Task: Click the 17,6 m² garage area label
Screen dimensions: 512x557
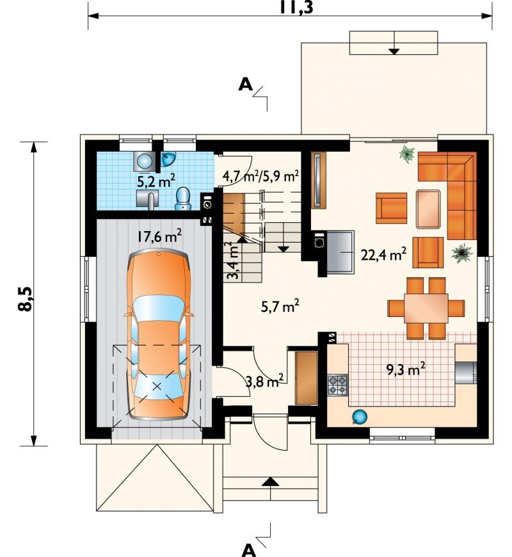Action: pyautogui.click(x=160, y=236)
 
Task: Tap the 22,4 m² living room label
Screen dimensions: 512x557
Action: pyautogui.click(x=384, y=254)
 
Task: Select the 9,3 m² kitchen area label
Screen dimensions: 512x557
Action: pyautogui.click(x=406, y=369)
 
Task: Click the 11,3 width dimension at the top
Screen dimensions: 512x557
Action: pyautogui.click(x=296, y=7)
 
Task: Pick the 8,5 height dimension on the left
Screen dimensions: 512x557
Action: pyautogui.click(x=26, y=299)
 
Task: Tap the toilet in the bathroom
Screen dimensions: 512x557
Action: pyautogui.click(x=183, y=198)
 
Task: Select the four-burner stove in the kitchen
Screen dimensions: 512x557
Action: pyautogui.click(x=337, y=385)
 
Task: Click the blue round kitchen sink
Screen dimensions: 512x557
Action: pyautogui.click(x=359, y=417)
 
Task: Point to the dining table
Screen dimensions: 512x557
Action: pyautogui.click(x=426, y=307)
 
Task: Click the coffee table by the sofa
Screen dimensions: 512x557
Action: pyautogui.click(x=428, y=209)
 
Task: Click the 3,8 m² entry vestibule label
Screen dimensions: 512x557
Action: pyautogui.click(x=264, y=381)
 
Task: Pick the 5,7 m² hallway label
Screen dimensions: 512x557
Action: pyautogui.click(x=280, y=306)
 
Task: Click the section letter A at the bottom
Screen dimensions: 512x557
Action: pyautogui.click(x=249, y=550)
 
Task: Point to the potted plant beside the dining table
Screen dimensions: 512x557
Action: pyautogui.click(x=462, y=253)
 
